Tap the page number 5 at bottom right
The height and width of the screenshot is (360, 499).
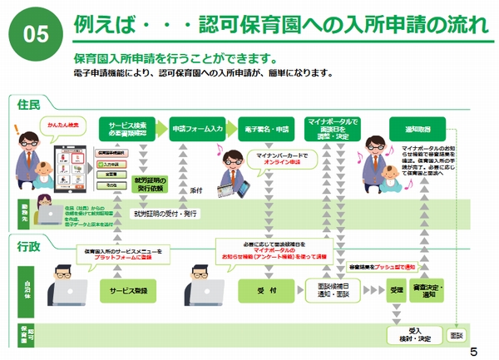click(473, 349)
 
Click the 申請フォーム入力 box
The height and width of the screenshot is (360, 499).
click(197, 130)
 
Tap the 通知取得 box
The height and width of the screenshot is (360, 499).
click(417, 130)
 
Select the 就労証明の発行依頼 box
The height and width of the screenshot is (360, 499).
click(150, 184)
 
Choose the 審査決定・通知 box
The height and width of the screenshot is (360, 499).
click(428, 290)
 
